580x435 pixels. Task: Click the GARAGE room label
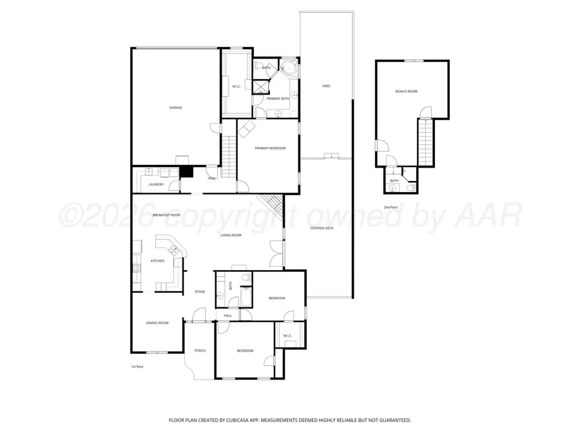point(175,108)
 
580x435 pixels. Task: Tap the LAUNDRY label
point(155,184)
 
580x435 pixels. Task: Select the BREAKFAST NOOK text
point(166,215)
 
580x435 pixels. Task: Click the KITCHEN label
point(157,261)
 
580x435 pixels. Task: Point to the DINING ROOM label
point(157,322)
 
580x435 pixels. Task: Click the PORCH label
point(200,351)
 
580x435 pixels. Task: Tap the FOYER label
point(200,292)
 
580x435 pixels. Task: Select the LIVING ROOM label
point(231,235)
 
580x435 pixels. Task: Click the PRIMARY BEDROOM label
point(270,148)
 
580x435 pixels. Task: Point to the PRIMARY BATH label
point(278,99)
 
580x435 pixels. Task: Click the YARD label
point(326,86)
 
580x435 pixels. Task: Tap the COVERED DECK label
point(321,228)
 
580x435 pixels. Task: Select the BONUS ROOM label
point(406,92)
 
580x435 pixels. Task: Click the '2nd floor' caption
point(391,207)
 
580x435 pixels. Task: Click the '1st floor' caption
point(137,366)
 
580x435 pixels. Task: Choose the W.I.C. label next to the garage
point(236,86)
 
